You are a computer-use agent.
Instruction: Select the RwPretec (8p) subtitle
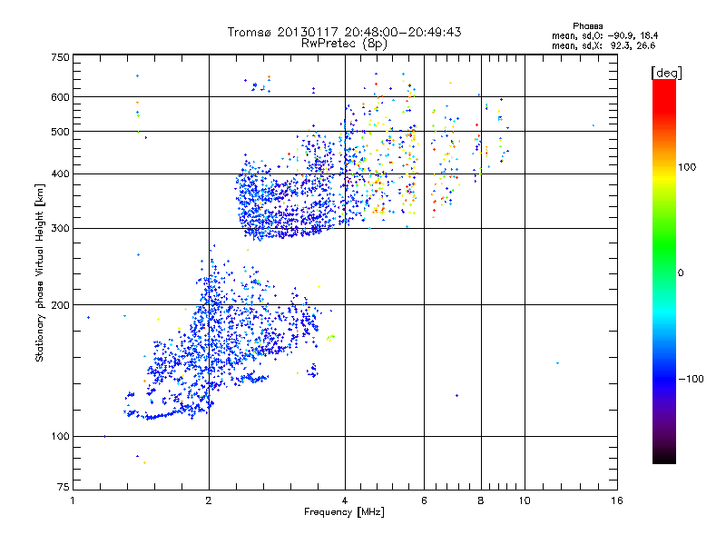tap(345, 43)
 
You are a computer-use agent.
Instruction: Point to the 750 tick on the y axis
tap(60, 57)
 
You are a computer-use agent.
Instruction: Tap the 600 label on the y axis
tap(60, 96)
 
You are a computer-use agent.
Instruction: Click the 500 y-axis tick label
tap(60, 132)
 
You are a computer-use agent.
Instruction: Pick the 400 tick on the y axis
tap(60, 173)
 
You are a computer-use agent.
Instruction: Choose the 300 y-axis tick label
tap(60, 228)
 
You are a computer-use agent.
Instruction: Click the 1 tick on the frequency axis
tap(73, 500)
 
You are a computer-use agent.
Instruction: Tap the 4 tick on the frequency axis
tap(345, 500)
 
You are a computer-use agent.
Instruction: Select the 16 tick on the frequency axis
tap(617, 500)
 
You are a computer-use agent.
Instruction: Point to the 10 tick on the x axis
tap(524, 500)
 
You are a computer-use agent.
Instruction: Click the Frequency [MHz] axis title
tap(345, 513)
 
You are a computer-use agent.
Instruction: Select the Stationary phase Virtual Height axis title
tap(40, 272)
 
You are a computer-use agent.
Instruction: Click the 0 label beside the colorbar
tap(680, 272)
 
